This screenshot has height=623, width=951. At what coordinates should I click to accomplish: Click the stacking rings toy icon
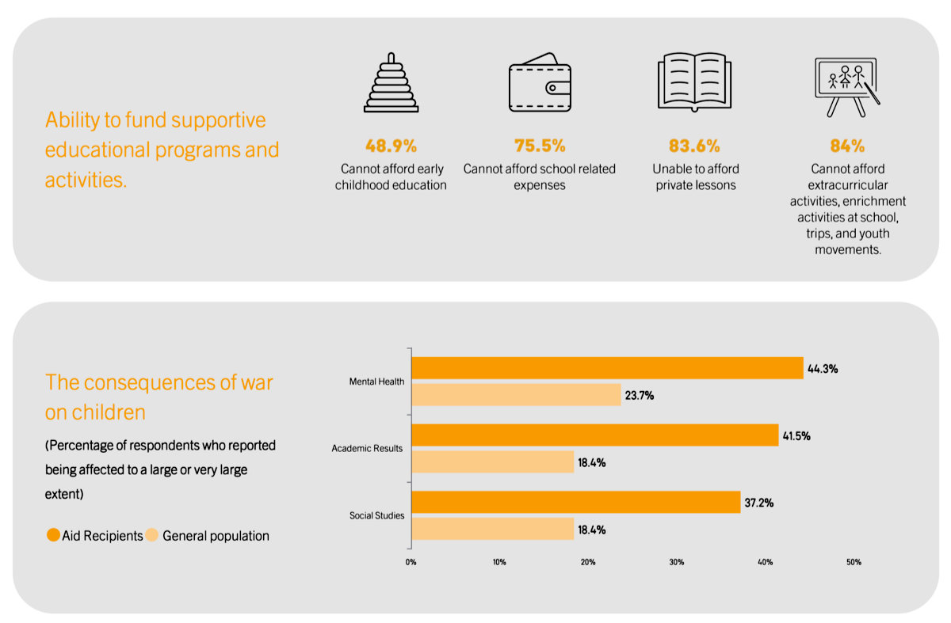[391, 82]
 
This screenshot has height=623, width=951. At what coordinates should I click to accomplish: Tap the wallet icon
[540, 82]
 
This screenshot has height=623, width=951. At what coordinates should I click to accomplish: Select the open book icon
[694, 82]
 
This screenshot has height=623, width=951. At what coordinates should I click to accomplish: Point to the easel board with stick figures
[847, 87]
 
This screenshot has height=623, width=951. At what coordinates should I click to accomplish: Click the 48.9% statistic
[391, 146]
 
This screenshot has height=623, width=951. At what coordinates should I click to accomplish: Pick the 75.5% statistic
[540, 146]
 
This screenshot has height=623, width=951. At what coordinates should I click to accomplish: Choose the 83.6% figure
[694, 146]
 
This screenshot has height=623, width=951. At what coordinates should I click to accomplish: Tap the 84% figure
[847, 146]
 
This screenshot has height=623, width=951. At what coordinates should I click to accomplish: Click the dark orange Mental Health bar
[608, 367]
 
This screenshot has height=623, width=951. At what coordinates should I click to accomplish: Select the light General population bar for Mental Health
[516, 395]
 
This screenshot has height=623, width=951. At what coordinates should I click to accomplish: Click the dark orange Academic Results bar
[595, 435]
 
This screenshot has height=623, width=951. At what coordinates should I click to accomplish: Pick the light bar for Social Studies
[493, 529]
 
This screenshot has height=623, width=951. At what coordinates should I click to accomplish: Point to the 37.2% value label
[759, 503]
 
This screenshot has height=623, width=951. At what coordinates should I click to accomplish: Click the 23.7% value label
[640, 396]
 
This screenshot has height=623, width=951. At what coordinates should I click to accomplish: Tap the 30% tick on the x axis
[677, 562]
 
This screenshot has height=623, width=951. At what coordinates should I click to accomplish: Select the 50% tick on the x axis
[854, 562]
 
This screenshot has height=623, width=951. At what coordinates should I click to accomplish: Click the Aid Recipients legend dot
[53, 535]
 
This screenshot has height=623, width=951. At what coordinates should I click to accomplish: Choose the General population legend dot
[151, 535]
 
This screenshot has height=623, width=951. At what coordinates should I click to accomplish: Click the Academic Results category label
[367, 448]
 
